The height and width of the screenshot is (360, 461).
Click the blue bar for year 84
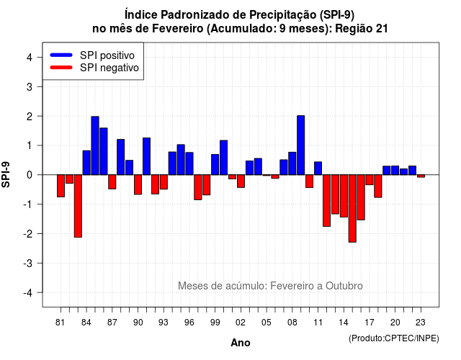(x=86, y=163)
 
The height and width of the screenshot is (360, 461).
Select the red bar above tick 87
(x=112, y=182)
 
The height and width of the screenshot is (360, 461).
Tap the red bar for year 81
(x=61, y=186)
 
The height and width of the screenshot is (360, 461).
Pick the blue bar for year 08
(x=292, y=163)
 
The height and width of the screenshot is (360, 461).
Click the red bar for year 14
(x=344, y=196)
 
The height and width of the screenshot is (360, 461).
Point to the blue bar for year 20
(x=395, y=171)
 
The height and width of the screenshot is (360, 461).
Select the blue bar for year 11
(x=318, y=168)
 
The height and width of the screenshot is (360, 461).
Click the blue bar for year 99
(x=215, y=165)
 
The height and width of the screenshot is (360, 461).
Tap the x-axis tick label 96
(x=189, y=323)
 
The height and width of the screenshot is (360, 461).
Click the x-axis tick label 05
(x=267, y=323)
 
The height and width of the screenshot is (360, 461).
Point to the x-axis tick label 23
(x=421, y=323)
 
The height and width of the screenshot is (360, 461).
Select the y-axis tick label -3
(x=28, y=263)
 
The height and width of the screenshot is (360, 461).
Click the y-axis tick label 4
(x=30, y=58)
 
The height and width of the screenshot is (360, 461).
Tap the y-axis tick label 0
(x=30, y=175)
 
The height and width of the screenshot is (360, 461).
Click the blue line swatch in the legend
(x=61, y=55)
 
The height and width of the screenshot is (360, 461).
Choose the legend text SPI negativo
(x=109, y=68)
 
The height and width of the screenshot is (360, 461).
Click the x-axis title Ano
(x=241, y=343)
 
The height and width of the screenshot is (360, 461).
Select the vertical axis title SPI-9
(x=6, y=174)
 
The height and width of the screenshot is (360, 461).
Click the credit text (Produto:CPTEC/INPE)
(x=394, y=338)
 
